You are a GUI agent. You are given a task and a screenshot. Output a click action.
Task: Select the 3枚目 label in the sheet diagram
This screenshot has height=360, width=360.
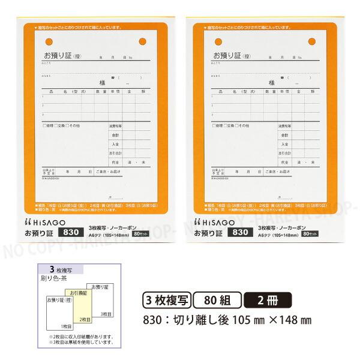pyautogui.click(x=105, y=314)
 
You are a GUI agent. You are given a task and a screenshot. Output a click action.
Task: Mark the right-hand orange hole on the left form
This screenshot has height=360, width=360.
pyautogui.click(x=142, y=42)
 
